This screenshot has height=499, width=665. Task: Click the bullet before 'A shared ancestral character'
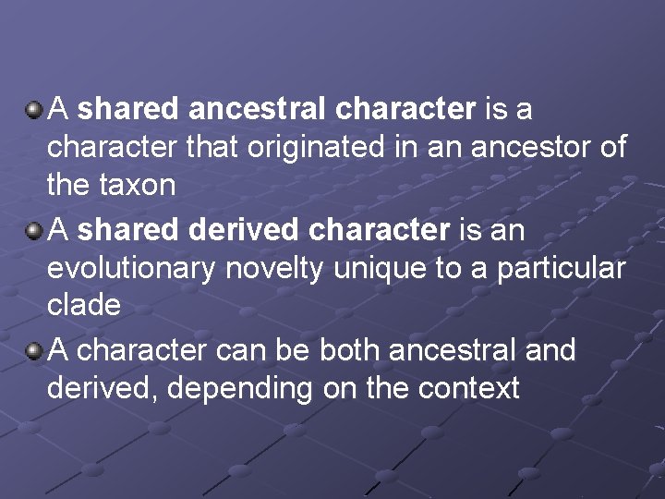(x=33, y=111)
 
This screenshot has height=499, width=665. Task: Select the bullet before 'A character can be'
(x=33, y=351)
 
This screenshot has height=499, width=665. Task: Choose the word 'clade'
(x=84, y=305)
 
